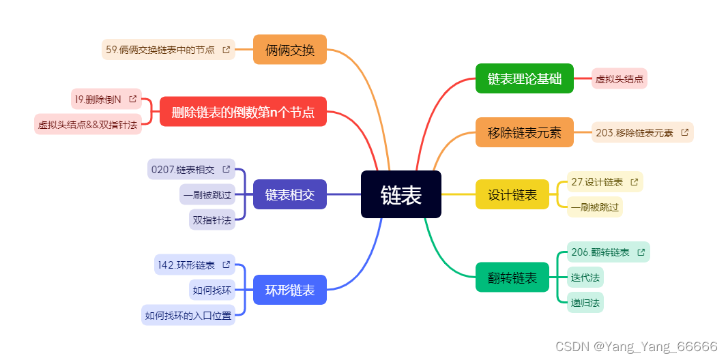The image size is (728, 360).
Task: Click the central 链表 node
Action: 401,195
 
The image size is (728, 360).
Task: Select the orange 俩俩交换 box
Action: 290,50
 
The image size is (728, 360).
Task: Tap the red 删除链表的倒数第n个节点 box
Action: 243,112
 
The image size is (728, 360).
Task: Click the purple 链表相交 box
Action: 290,194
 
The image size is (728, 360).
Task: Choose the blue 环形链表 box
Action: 290,290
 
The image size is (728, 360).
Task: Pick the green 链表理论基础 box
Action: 524,78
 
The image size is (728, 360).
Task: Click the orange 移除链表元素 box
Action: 524,132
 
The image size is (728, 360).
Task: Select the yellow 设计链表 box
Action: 512,194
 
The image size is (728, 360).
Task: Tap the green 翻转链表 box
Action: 512,277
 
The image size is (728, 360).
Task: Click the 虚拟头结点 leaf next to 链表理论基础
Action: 619,79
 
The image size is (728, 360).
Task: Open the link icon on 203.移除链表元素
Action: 684,133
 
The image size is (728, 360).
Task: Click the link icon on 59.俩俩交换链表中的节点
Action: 226,50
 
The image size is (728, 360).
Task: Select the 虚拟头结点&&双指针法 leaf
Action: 87,125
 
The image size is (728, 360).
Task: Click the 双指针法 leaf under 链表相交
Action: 212,220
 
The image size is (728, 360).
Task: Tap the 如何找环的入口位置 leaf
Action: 188,315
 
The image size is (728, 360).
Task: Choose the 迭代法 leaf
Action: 585,277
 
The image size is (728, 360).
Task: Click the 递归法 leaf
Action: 585,303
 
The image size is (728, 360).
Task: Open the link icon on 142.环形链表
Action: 226,265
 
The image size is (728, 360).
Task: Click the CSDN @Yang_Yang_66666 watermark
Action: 636,346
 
